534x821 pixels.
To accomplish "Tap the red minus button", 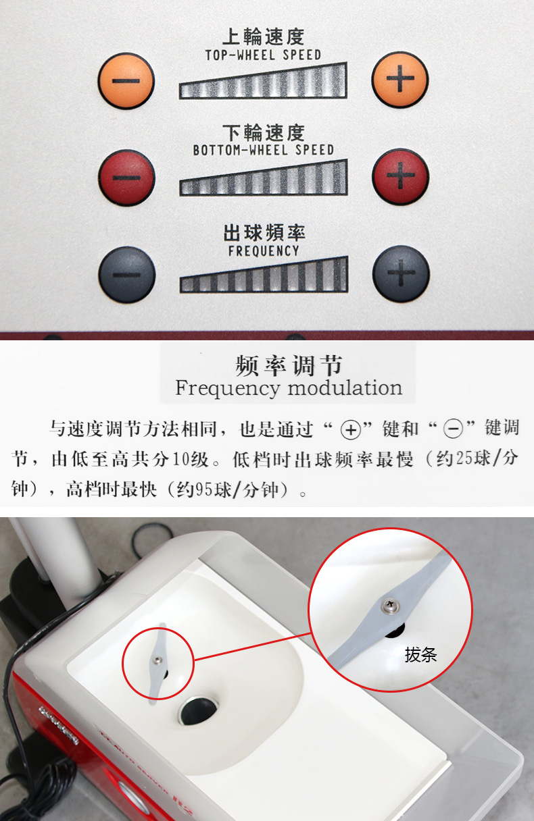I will [x=127, y=178].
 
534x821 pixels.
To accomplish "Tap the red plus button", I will [x=400, y=178].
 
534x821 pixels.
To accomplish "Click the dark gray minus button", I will [x=127, y=274].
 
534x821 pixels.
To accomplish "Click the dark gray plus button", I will [x=401, y=274].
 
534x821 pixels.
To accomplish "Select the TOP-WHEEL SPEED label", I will [x=263, y=55].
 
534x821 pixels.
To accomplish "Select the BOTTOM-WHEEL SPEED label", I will [x=263, y=150].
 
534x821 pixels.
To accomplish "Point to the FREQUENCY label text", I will [x=263, y=250].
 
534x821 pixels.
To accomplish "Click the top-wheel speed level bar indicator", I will [x=263, y=81].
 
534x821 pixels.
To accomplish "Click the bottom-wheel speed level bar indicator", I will [x=263, y=178].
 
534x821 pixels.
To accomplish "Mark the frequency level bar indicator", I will [x=263, y=275].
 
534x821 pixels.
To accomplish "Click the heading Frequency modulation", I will [x=289, y=388].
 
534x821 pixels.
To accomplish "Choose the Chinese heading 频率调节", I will [x=289, y=365].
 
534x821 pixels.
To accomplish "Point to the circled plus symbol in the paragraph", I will [x=350, y=429].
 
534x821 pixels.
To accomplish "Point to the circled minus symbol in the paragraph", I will [x=452, y=429].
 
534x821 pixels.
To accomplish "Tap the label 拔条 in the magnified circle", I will [x=420, y=654].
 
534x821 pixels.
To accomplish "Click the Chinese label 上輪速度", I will [x=263, y=36].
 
